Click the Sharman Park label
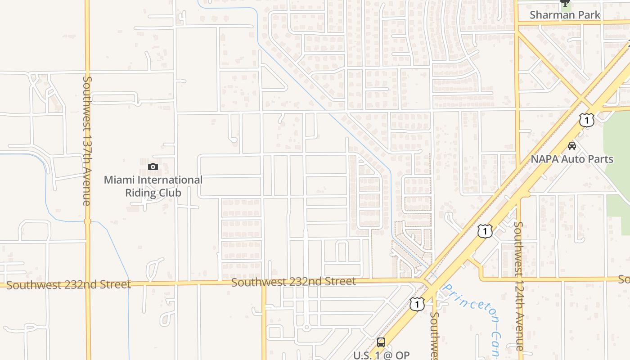565,15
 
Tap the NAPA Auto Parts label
571,159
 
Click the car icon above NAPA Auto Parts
572,146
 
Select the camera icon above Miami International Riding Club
153,167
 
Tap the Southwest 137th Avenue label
87,140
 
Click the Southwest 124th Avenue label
518,286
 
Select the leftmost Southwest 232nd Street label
68,284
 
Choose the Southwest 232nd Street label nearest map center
293,282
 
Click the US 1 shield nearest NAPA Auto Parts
587,120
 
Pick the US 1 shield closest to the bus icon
417,304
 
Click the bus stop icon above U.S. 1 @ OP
381,342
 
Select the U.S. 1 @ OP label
381,355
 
